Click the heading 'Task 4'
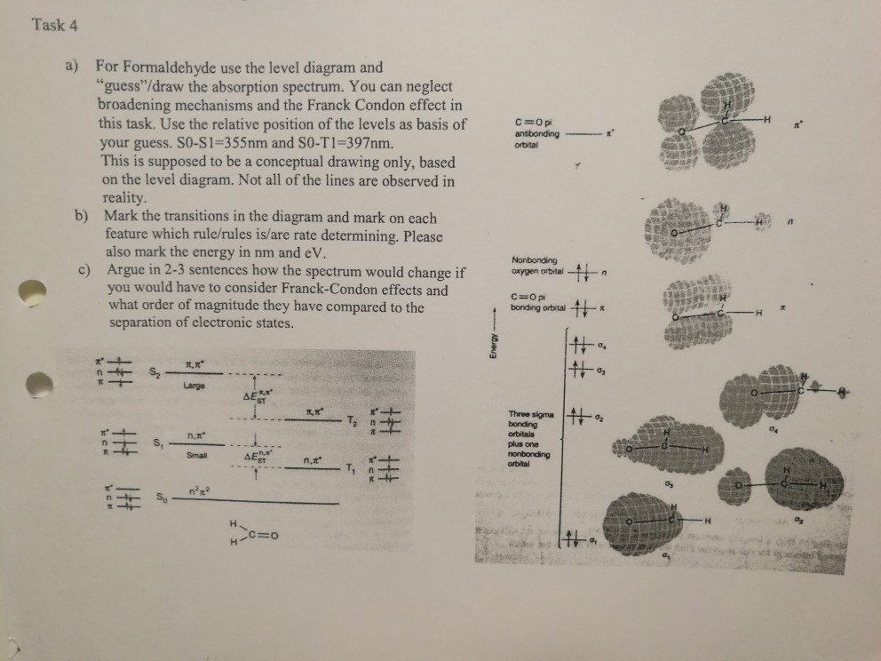pos(55,25)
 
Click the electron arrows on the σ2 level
pos(580,417)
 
